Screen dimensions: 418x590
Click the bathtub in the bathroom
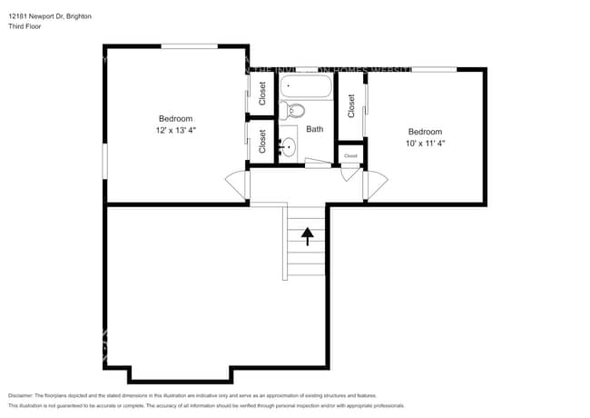[x=306, y=88]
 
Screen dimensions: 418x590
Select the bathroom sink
[x=289, y=145]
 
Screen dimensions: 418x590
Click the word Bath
[x=314, y=129]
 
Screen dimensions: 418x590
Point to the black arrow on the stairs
[x=307, y=236]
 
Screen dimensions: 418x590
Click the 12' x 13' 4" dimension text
[x=175, y=131]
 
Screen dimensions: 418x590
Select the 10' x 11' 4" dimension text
[x=425, y=143]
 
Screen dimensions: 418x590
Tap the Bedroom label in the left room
[x=175, y=119]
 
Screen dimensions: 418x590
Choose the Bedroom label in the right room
[x=425, y=131]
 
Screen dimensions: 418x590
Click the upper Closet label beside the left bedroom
[x=262, y=93]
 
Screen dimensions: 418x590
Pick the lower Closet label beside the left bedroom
[x=262, y=140]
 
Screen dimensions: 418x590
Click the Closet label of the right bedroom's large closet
[x=351, y=106]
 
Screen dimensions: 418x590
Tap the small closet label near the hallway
[x=350, y=155]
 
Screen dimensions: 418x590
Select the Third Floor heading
[x=25, y=26]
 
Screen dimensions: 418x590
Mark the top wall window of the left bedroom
[x=189, y=45]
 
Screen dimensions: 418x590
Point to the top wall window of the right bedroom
[x=433, y=68]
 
